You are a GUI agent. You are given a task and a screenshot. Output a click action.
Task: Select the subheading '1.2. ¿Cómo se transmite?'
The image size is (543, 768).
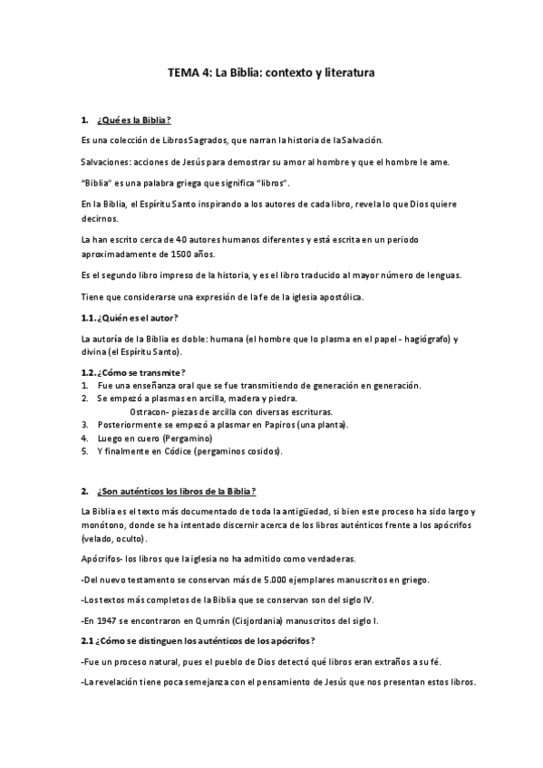click(133, 372)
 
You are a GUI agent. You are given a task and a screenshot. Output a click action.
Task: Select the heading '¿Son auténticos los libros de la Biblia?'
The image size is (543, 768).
click(176, 492)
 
